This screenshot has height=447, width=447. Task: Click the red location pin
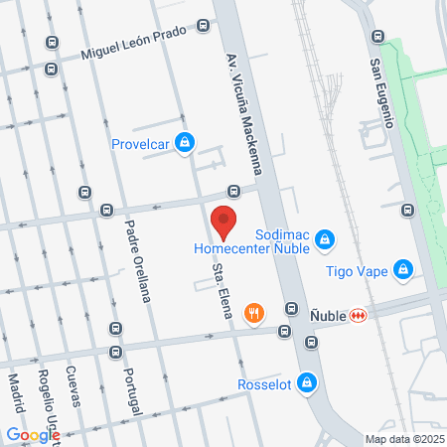223,220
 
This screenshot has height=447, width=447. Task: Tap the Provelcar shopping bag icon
184,143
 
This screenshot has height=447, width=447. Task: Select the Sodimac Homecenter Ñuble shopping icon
325,238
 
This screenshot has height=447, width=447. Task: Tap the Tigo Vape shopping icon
402,268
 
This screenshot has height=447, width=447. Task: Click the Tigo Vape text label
356,269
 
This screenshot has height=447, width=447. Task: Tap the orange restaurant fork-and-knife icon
256,314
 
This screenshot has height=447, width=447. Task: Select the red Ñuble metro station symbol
358,315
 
